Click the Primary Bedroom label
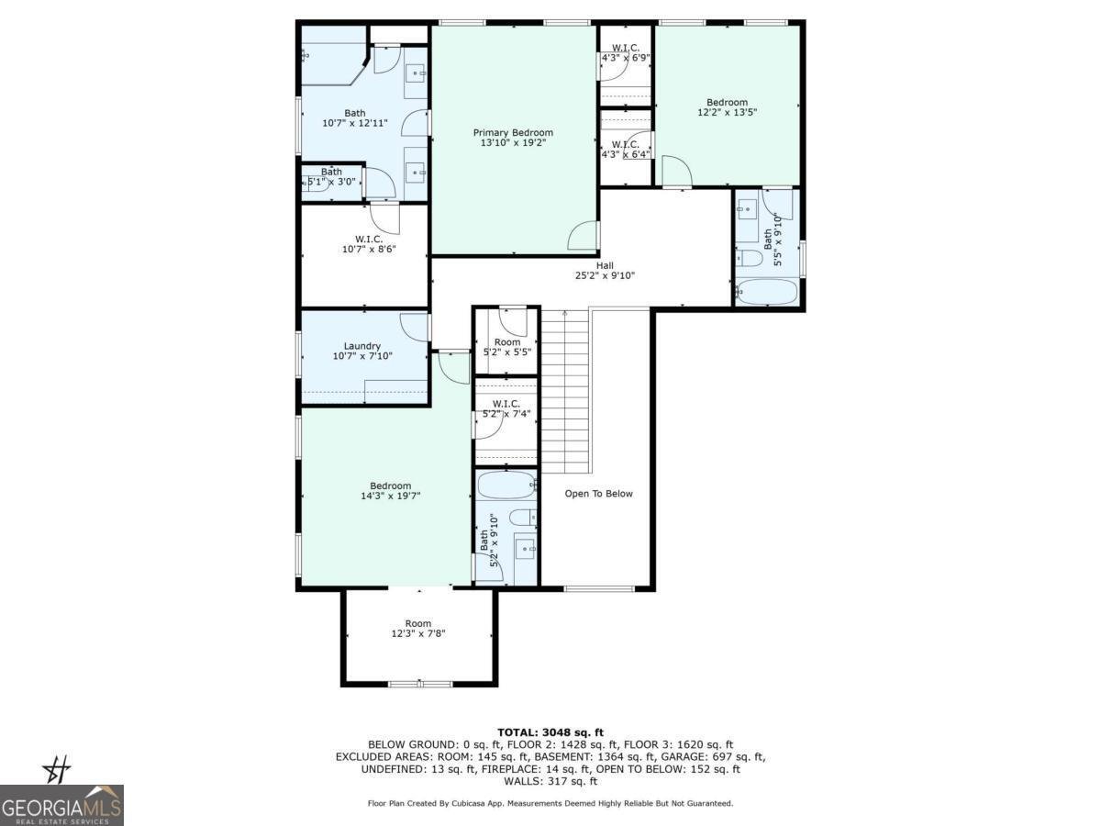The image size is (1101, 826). click(x=513, y=132)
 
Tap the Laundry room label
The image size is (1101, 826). click(x=361, y=346)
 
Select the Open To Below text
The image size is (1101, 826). click(x=598, y=494)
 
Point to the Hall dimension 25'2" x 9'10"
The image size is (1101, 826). click(x=605, y=275)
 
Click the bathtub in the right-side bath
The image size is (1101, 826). click(x=768, y=292)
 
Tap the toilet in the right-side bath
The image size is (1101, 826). click(x=751, y=258)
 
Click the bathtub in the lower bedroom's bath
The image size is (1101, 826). click(x=506, y=485)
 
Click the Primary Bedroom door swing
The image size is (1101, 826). click(x=584, y=236)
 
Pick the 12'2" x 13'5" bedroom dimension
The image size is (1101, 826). click(x=727, y=113)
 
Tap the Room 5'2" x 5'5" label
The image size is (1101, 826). click(x=506, y=347)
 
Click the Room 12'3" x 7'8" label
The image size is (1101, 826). click(x=418, y=629)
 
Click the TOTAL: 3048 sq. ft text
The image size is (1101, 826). click(x=550, y=731)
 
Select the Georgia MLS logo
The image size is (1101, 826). click(x=61, y=804)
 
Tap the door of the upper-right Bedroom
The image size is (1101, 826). click(x=675, y=173)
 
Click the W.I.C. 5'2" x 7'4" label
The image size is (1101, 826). click(x=506, y=408)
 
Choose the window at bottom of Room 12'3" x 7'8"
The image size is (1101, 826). click(x=419, y=684)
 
